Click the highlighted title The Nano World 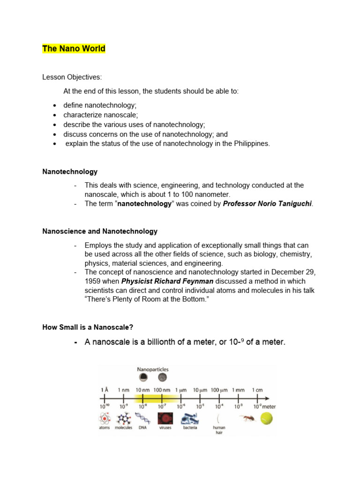[74, 49]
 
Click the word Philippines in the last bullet [252, 143]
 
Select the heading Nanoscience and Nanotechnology [100, 232]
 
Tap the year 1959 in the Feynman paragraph [93, 281]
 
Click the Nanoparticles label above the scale [152, 369]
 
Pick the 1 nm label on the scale [124, 390]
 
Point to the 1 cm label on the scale [257, 390]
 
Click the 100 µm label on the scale [218, 390]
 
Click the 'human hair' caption [219, 429]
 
